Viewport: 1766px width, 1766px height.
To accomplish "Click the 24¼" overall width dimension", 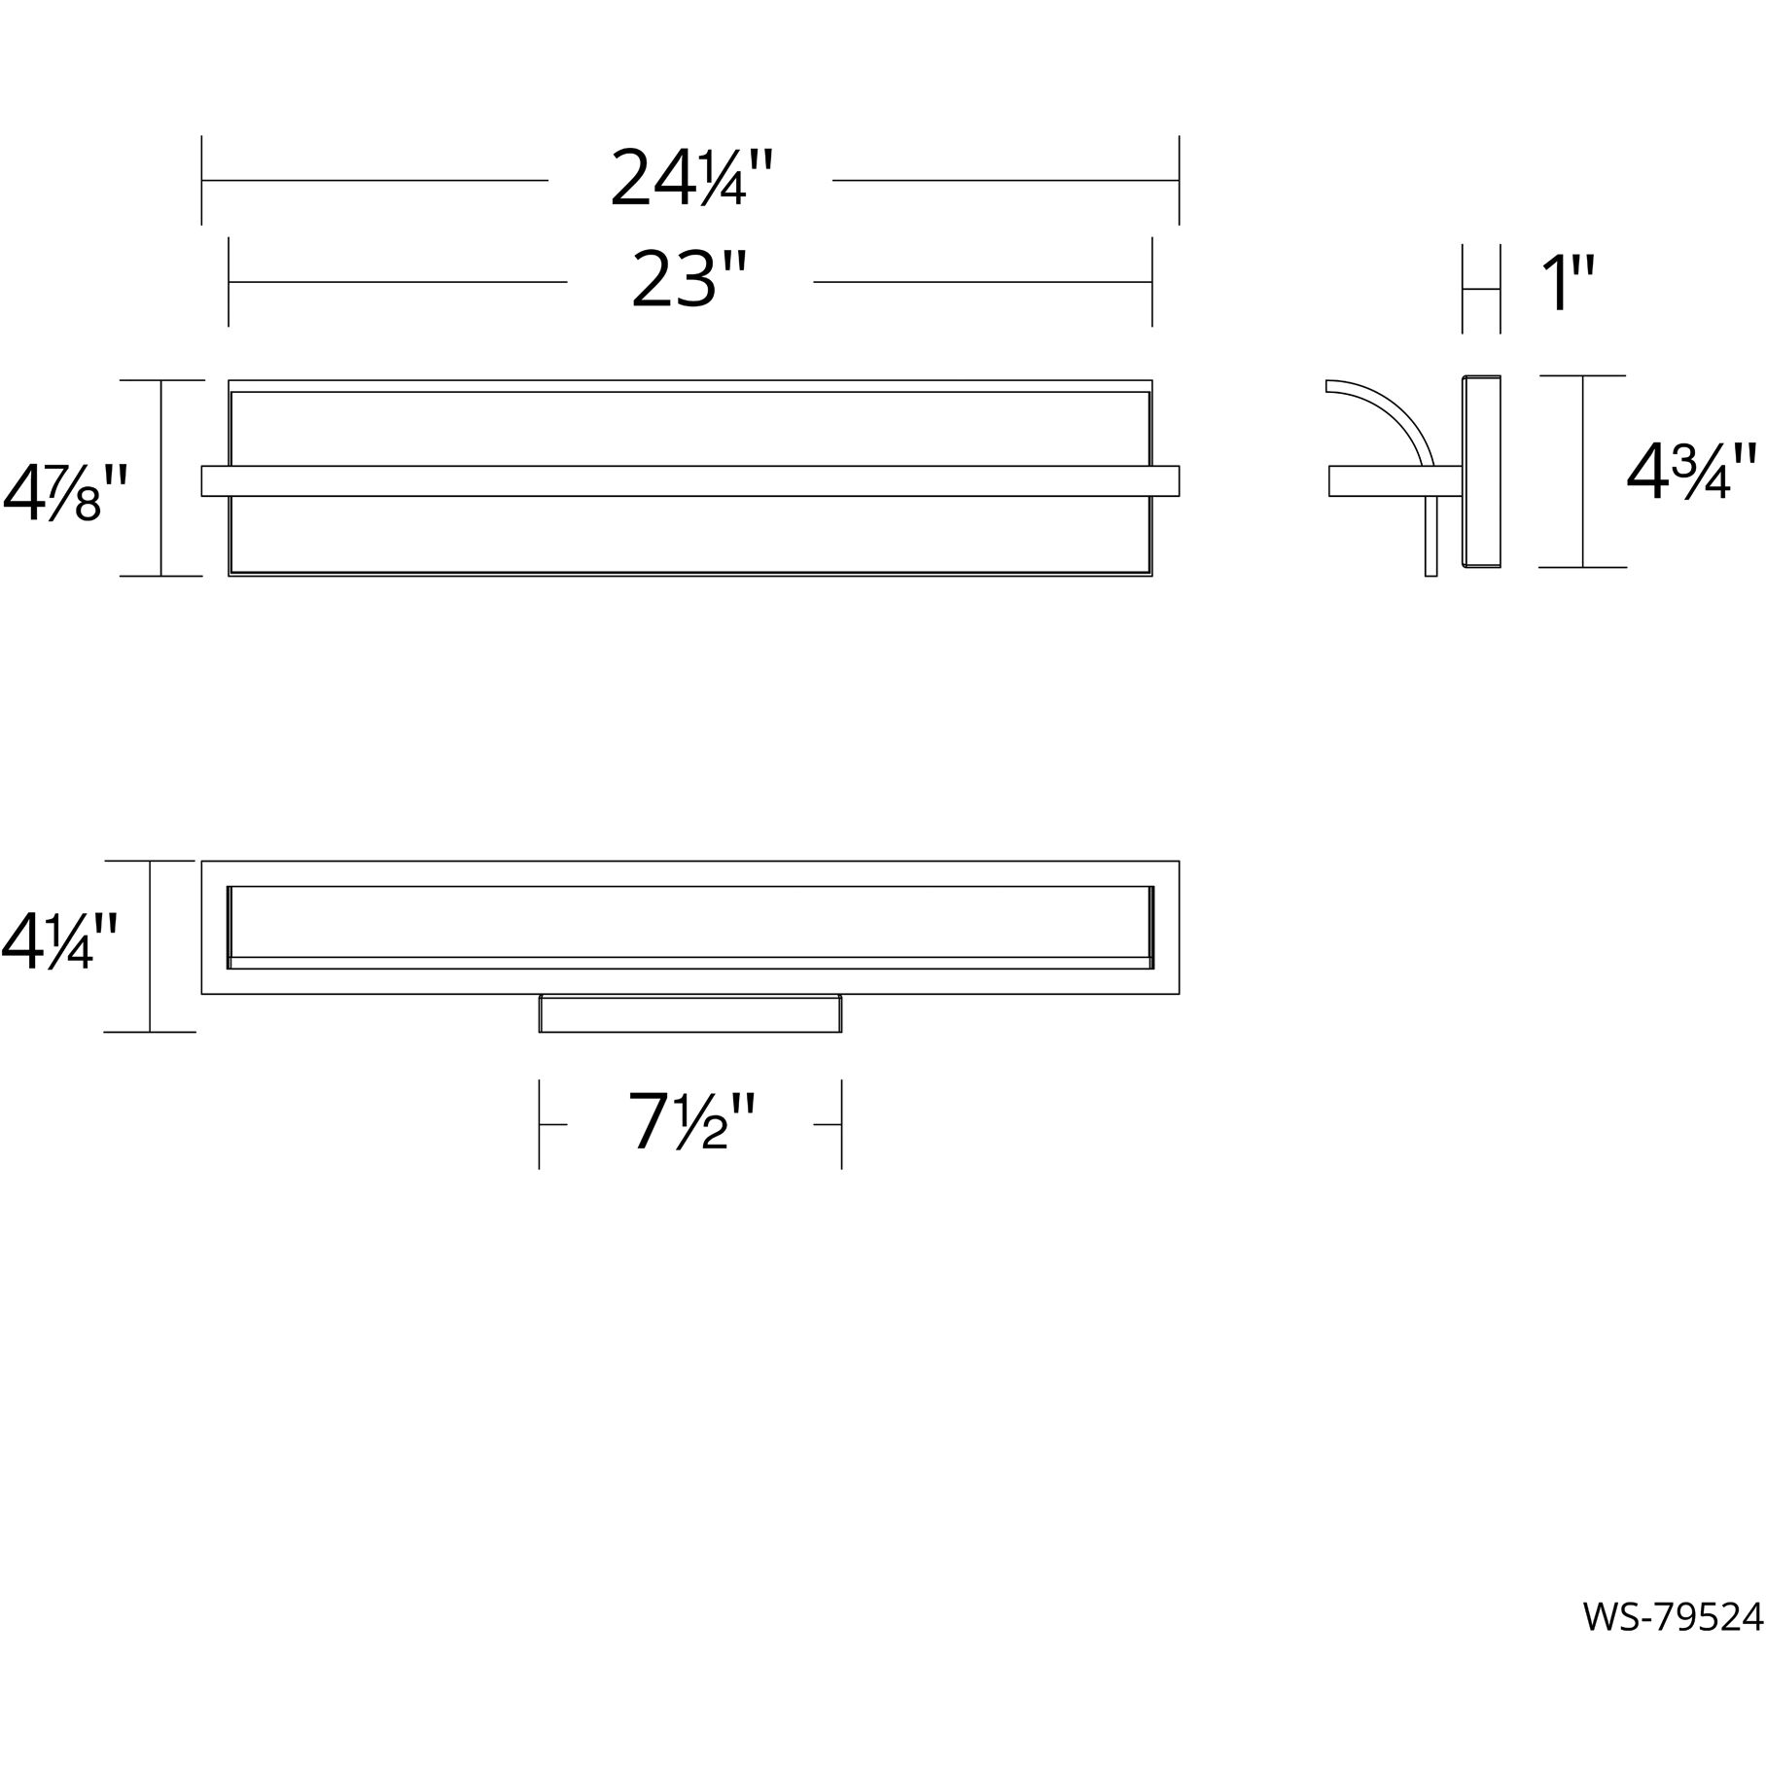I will pyautogui.click(x=690, y=180).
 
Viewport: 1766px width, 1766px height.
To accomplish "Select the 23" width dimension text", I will pyautogui.click(x=689, y=281).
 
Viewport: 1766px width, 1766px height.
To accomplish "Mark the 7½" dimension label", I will pyautogui.click(x=690, y=1122).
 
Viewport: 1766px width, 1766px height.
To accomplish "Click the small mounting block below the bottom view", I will pyautogui.click(x=690, y=1013).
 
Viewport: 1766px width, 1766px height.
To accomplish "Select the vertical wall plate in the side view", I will pyautogui.click(x=1481, y=472).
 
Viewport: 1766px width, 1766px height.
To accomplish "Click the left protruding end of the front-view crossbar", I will pyautogui.click(x=214, y=481).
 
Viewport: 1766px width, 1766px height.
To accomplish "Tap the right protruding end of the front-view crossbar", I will pyautogui.click(x=1166, y=481).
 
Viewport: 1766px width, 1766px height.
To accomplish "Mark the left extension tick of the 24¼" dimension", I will pyautogui.click(x=201, y=180).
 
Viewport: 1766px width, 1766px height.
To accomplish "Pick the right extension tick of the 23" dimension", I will pyautogui.click(x=1152, y=281).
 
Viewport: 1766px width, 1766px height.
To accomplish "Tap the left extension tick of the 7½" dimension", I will pyautogui.click(x=540, y=1124).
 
